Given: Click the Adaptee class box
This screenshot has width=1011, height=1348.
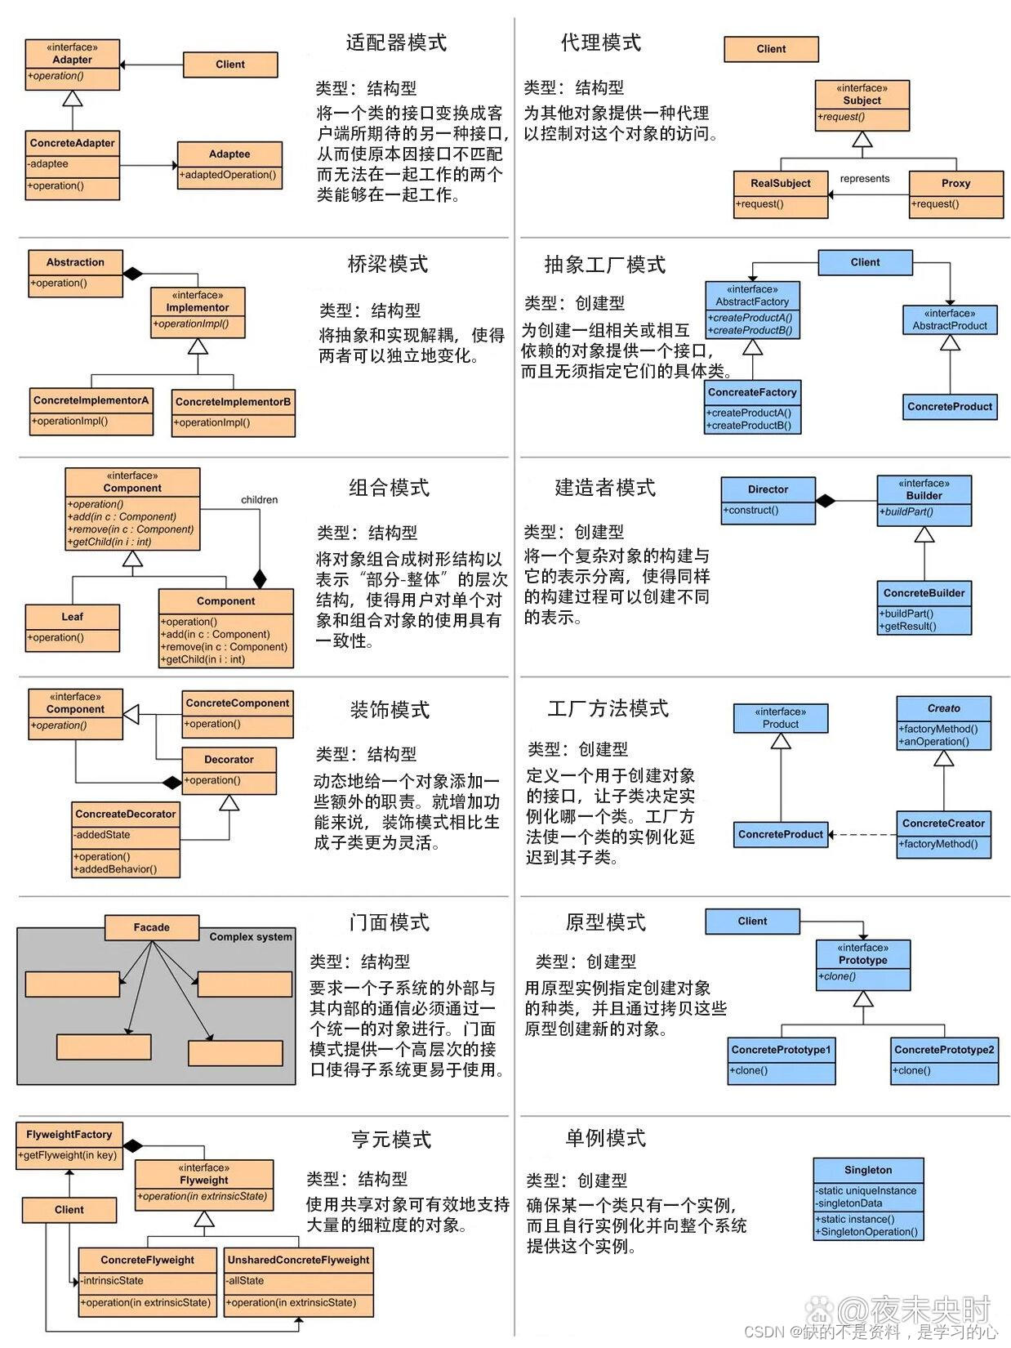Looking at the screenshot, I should point(229,165).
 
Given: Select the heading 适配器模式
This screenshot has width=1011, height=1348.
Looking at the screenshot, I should point(396,42).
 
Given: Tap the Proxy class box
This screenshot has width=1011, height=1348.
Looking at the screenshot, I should point(955,194).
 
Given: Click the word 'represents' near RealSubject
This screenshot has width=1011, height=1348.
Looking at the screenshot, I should point(864,178).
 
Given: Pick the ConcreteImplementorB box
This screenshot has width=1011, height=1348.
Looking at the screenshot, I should point(234,412).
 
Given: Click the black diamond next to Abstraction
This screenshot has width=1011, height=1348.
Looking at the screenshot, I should point(133,273).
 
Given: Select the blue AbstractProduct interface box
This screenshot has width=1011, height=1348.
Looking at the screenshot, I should point(950,319).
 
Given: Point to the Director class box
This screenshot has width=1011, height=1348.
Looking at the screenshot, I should point(768,500).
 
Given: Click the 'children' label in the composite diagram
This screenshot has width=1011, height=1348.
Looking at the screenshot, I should point(259,499).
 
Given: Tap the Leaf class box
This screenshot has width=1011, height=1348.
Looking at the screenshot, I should point(72,627).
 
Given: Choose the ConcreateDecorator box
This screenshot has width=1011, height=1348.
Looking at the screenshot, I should point(126,840).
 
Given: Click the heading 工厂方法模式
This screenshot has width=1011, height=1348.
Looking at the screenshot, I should point(608,708).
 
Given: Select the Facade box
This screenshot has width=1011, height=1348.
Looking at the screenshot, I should point(152,927).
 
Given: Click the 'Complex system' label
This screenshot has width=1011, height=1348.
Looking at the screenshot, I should point(250,936).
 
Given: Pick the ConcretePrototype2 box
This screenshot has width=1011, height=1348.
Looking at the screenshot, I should point(944,1060).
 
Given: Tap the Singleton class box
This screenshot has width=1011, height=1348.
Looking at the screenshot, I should point(868,1198).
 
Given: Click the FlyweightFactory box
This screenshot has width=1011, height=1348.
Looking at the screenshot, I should point(69,1145).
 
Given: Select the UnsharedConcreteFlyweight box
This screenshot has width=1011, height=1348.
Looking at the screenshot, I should point(298,1281).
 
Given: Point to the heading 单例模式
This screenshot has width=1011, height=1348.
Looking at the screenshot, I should point(605,1137).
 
